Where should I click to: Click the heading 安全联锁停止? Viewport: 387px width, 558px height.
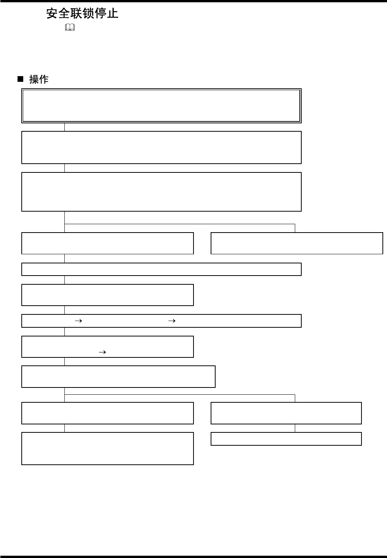click(x=82, y=14)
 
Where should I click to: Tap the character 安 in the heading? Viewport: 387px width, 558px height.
click(x=53, y=14)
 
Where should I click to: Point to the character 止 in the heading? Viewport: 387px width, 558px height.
click(x=113, y=14)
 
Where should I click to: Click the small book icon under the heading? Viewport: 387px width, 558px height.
click(x=70, y=28)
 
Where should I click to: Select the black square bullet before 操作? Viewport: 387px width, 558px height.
click(x=21, y=79)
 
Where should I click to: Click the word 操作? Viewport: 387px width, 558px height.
click(x=39, y=79)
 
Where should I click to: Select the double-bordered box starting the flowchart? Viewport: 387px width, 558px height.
click(x=161, y=106)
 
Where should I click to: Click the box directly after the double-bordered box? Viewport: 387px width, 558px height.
click(x=161, y=147)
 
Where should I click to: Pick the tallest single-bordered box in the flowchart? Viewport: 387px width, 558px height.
click(x=161, y=191)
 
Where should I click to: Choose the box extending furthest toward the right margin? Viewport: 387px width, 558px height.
click(x=297, y=243)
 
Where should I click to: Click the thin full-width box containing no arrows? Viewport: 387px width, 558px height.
click(x=161, y=269)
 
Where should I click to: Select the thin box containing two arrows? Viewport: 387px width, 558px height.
click(x=161, y=321)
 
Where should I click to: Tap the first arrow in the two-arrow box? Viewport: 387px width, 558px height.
click(x=78, y=321)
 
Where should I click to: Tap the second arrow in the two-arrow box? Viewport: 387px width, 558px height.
click(x=172, y=321)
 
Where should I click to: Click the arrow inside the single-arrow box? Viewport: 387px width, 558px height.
click(x=102, y=352)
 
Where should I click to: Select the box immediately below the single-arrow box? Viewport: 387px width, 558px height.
click(x=118, y=376)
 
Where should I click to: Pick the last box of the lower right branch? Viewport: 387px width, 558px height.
click(x=286, y=439)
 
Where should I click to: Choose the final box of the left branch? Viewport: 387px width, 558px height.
click(x=107, y=448)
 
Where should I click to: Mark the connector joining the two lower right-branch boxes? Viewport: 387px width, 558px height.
click(x=295, y=428)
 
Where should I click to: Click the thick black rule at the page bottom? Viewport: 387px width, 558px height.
click(x=193, y=556)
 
